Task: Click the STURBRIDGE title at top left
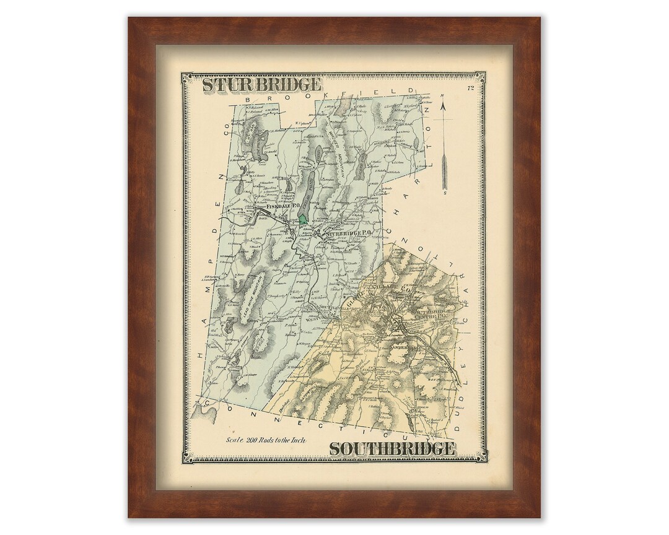point(261,84)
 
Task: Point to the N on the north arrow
point(443,95)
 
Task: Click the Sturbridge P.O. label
point(351,233)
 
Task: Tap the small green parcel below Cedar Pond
point(302,218)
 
